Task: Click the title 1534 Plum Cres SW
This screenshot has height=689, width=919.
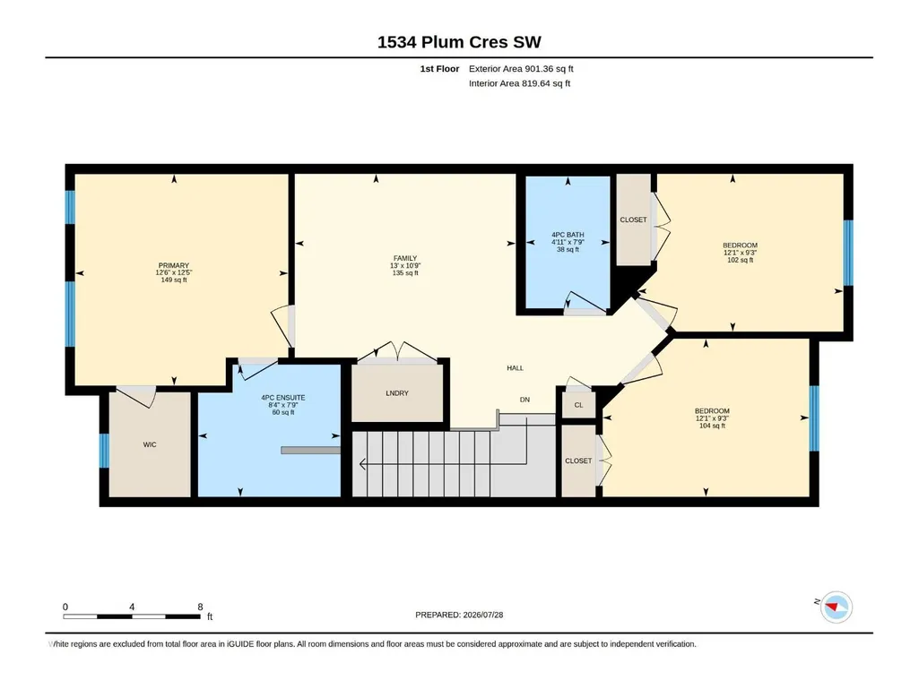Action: [x=459, y=42]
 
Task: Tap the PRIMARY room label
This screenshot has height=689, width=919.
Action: [x=173, y=265]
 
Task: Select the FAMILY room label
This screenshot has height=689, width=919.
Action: [x=405, y=258]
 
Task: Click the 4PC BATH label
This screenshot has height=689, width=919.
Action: [x=568, y=235]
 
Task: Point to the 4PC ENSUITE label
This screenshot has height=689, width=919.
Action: [x=283, y=398]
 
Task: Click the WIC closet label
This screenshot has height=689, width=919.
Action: [x=150, y=444]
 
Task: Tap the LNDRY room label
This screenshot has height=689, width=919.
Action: [x=397, y=393]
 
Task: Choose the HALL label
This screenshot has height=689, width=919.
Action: [x=516, y=368]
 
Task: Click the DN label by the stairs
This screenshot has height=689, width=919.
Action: [x=525, y=400]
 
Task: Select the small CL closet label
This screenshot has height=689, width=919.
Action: [x=578, y=405]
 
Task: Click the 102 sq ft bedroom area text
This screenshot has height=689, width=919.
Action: [x=740, y=260]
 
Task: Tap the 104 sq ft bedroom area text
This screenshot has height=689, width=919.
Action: [x=712, y=426]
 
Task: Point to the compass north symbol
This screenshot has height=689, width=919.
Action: [x=836, y=607]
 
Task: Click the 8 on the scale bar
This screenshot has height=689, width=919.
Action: [x=200, y=607]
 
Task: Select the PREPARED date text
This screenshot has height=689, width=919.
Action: [x=459, y=615]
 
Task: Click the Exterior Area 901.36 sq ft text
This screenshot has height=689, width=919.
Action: [x=521, y=69]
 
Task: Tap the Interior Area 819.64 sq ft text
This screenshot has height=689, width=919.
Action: [x=519, y=83]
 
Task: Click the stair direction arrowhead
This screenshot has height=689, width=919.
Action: [x=362, y=465]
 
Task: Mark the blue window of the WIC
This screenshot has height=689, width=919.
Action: [x=104, y=451]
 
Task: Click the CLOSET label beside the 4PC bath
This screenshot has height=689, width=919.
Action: [x=633, y=220]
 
